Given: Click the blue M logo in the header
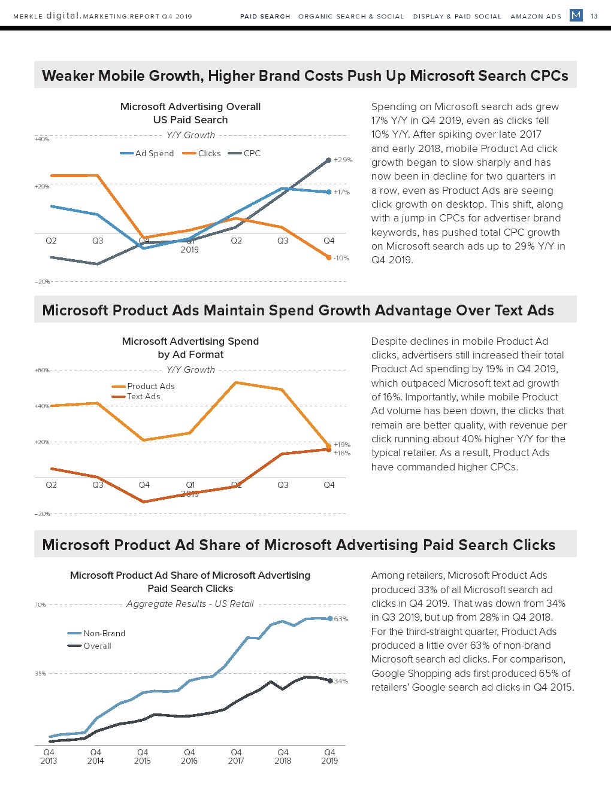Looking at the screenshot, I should [x=576, y=16].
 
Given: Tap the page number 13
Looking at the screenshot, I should [x=594, y=16].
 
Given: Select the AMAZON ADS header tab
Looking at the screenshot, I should [x=536, y=16].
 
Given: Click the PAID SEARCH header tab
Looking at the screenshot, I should [x=265, y=16].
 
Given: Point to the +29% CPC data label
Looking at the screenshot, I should [x=343, y=160].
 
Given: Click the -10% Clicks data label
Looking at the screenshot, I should [x=341, y=258].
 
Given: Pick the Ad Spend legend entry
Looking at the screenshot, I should [x=147, y=153].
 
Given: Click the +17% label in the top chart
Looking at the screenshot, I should [x=341, y=192].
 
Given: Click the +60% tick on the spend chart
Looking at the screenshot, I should [x=42, y=370].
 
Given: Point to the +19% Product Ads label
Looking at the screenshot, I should [x=342, y=445].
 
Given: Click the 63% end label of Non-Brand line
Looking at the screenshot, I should [x=341, y=619].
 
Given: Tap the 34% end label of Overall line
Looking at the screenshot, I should [x=341, y=681].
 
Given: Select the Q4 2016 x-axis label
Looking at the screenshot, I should [x=189, y=756].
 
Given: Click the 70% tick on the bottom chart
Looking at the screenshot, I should [x=40, y=605].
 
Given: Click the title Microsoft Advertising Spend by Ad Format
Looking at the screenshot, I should [x=190, y=348].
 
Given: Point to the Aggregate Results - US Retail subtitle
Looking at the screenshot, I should [x=190, y=604].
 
